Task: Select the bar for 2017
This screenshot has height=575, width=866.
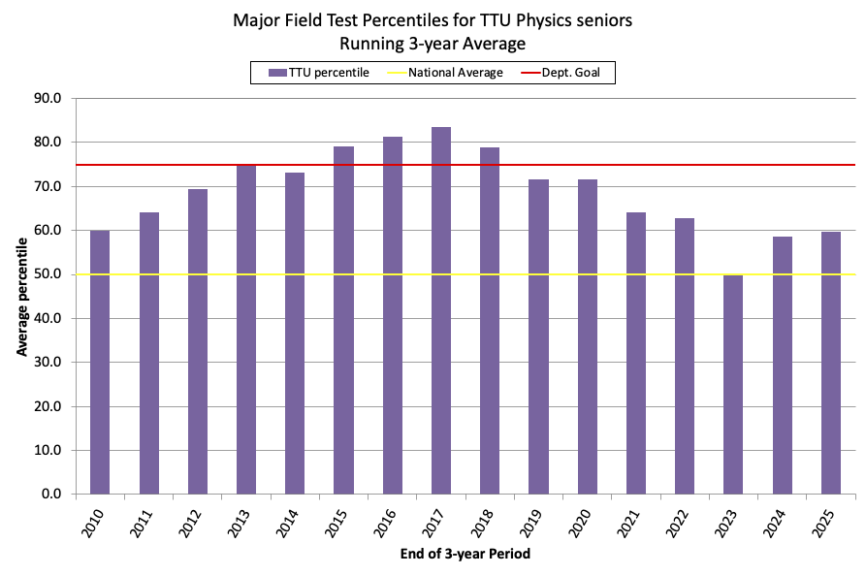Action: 441,310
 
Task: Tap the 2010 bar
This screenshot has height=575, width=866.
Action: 100,363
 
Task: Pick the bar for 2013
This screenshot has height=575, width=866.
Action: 246,330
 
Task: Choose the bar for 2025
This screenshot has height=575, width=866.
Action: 831,363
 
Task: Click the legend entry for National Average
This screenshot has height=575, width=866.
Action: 455,73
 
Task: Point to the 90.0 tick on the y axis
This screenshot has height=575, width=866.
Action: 48,98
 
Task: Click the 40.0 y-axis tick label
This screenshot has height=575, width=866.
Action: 48,318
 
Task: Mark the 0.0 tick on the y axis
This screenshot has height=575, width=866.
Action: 50,495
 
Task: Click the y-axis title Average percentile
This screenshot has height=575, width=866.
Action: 21,296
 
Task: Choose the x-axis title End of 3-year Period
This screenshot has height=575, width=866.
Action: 465,555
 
